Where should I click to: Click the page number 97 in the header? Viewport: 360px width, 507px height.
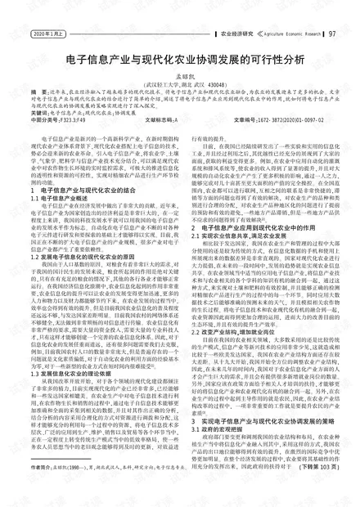pyautogui.click(x=332, y=34)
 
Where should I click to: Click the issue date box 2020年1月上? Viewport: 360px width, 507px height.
pyautogui.click(x=47, y=34)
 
